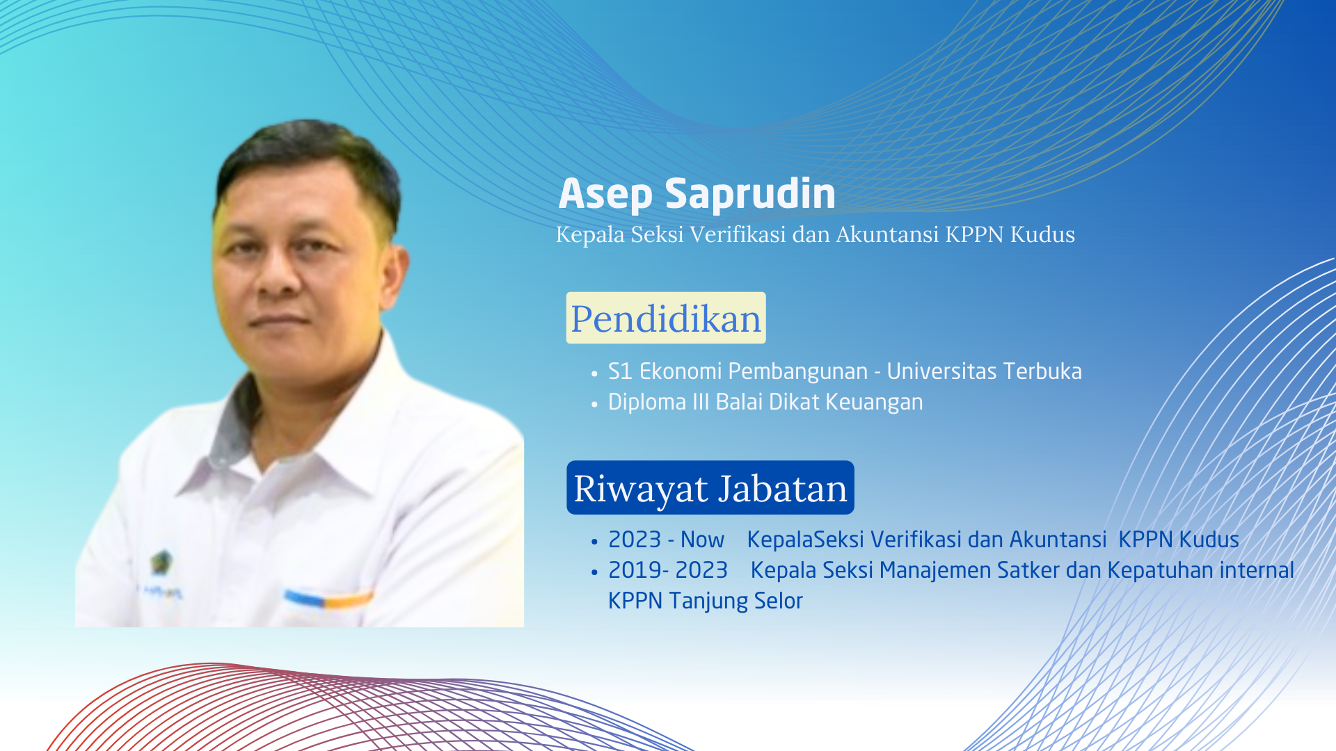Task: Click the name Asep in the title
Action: tap(605, 194)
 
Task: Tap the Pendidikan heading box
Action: tap(666, 318)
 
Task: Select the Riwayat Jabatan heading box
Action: tap(710, 487)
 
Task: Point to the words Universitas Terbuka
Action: tap(984, 371)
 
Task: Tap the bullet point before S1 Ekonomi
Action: tap(594, 373)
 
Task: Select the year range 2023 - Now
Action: tap(666, 540)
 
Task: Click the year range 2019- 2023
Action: tap(667, 570)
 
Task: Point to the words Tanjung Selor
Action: tap(735, 601)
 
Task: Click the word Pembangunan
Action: tap(798, 372)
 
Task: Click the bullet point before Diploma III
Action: tap(594, 404)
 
